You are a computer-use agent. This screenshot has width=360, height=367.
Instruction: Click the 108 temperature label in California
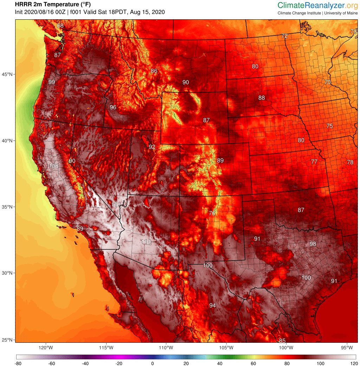pyautogui.click(x=53, y=166)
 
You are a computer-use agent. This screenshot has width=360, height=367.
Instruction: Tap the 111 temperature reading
pyautogui.click(x=116, y=204)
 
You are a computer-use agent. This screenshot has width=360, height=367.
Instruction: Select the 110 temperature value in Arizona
pyautogui.click(x=146, y=242)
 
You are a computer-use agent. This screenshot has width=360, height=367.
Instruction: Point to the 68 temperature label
pyautogui.click(x=60, y=26)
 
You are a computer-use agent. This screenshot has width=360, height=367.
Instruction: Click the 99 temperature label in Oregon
pyautogui.click(x=52, y=82)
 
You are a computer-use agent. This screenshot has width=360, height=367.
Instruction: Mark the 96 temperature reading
pyautogui.click(x=113, y=107)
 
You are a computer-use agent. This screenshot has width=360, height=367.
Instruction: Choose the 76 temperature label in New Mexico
pyautogui.click(x=212, y=213)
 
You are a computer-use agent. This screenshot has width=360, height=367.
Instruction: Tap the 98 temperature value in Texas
pyautogui.click(x=313, y=244)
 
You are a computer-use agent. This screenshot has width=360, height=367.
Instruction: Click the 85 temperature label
pyautogui.click(x=282, y=341)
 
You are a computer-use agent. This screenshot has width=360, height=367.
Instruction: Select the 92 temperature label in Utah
pyautogui.click(x=152, y=147)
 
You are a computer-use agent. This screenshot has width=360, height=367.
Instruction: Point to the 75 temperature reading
pyautogui.click(x=329, y=126)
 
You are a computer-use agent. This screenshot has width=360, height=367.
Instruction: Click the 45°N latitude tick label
pyautogui.click(x=8, y=74)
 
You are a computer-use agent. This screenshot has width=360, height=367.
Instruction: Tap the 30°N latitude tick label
pyautogui.click(x=8, y=273)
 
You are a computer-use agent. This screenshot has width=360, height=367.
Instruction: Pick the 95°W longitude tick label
pyautogui.click(x=347, y=348)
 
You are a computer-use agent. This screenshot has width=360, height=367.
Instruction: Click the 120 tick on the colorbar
pyautogui.click(x=353, y=363)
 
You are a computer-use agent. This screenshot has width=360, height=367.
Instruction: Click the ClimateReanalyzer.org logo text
pyautogui.click(x=317, y=5)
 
